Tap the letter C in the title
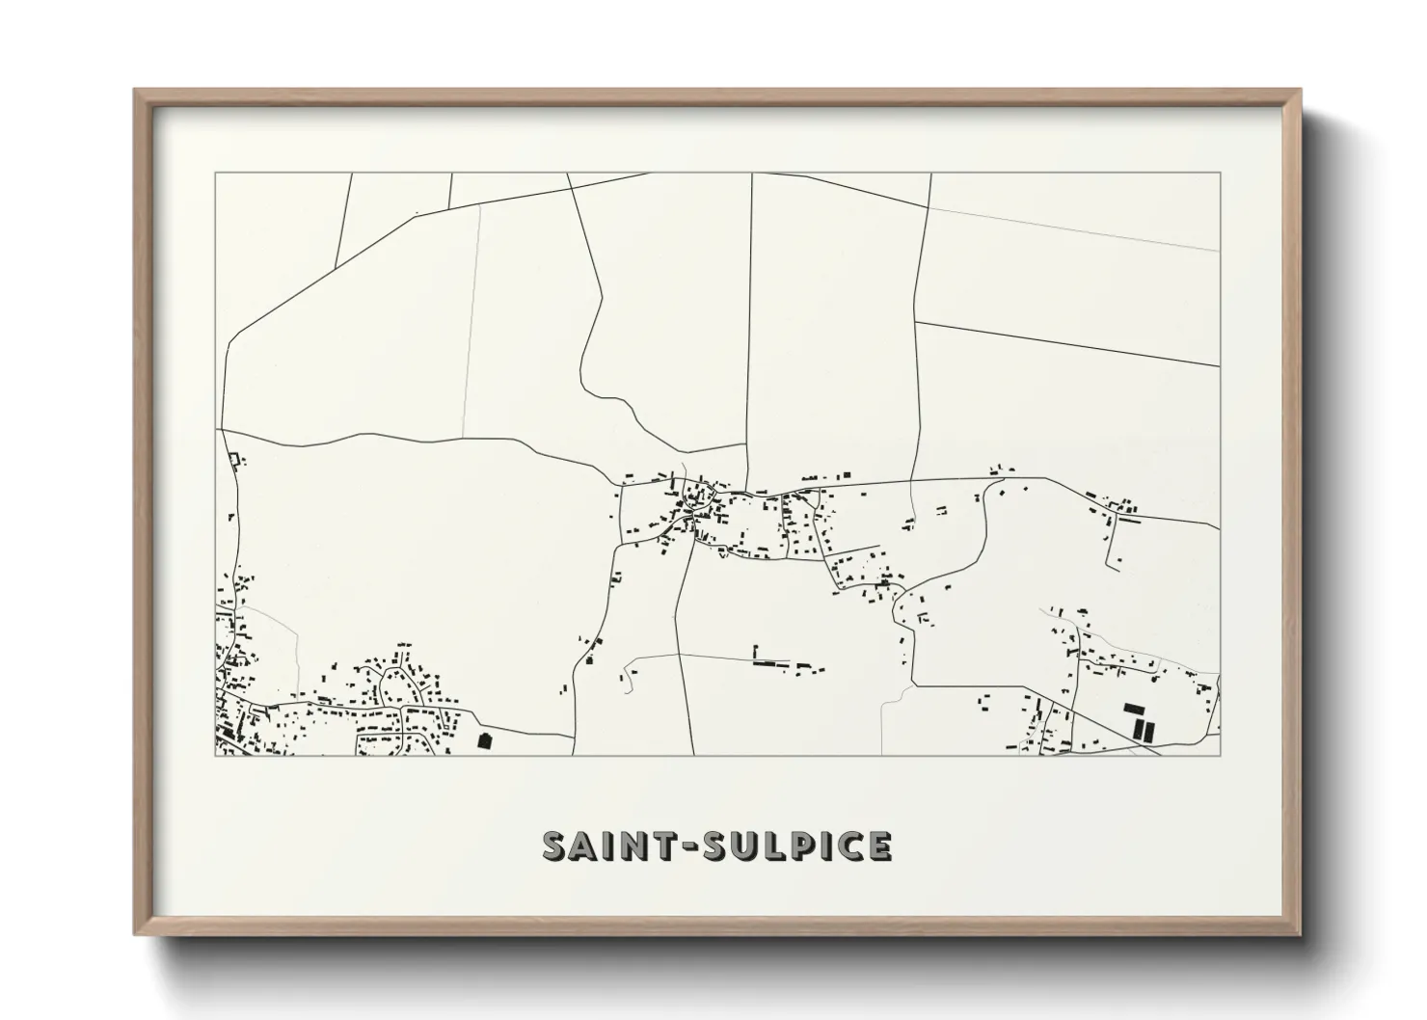click(x=853, y=846)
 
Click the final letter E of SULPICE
click(x=879, y=846)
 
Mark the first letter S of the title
click(x=557, y=846)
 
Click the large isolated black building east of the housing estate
click(x=484, y=740)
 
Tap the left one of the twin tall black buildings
click(x=1136, y=729)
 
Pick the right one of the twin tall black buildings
click(x=1146, y=729)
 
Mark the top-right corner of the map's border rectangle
click(x=1220, y=174)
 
